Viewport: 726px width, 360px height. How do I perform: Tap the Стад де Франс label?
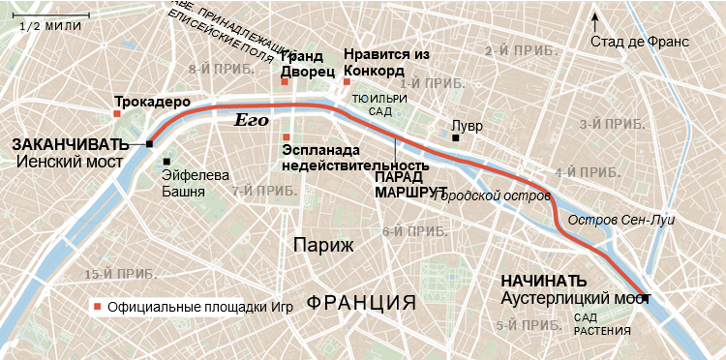coord(639,42)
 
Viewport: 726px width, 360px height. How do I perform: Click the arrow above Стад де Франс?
coord(596,19)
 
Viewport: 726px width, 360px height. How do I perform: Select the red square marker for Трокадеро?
coord(116,114)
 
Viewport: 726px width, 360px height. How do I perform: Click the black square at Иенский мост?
coord(150,144)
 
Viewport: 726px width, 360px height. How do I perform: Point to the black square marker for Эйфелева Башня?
coord(166,162)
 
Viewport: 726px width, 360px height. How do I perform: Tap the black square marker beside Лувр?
coord(454,138)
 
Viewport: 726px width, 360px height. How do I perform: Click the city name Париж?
coord(322,244)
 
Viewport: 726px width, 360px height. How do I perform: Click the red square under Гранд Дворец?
coord(285,81)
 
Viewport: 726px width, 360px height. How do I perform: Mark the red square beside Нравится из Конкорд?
coord(347,81)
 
